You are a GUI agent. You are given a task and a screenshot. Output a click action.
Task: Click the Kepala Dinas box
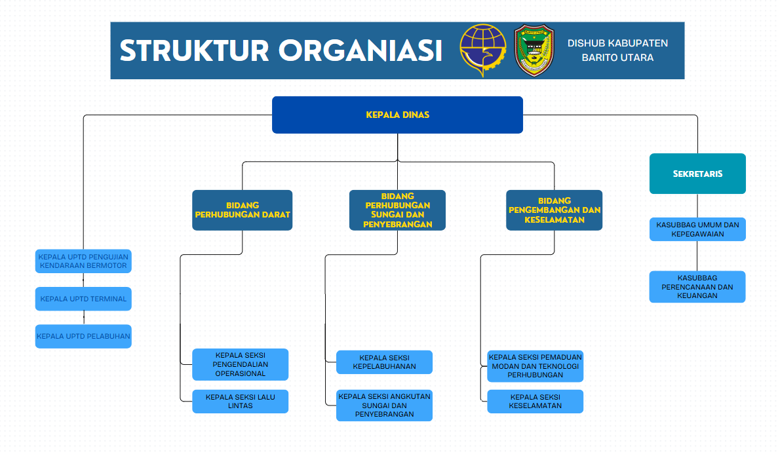point(397,115)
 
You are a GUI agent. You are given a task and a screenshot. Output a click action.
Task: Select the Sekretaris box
point(697,174)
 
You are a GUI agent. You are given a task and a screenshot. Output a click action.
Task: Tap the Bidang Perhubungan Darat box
point(242,210)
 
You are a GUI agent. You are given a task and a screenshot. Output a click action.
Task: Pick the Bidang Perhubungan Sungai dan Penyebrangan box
point(397,210)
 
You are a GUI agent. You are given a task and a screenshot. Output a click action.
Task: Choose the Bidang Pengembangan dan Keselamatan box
point(554,210)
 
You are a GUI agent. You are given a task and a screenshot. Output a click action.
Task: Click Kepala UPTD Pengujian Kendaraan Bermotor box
point(83,261)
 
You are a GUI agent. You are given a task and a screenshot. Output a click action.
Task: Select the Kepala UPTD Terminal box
point(83,299)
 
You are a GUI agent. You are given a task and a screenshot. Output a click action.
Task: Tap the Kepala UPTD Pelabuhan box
point(83,336)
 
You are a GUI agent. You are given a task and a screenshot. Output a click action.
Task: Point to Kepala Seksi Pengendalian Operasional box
point(240,364)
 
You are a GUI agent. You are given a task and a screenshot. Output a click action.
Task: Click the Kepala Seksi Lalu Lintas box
point(240,402)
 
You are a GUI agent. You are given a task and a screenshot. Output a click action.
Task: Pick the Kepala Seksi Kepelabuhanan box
point(384,362)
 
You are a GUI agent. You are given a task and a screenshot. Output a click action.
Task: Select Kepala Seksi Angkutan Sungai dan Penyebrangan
point(384,405)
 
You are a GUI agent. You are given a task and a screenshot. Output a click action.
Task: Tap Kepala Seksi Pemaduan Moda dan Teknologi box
point(535,366)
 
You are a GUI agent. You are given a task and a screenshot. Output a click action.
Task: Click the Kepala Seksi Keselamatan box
point(535,402)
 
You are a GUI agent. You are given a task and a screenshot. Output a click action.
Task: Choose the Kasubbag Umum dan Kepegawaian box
point(697,229)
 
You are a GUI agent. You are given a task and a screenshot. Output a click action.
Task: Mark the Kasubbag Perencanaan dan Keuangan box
point(697,287)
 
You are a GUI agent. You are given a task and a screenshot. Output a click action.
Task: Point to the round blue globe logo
point(482,50)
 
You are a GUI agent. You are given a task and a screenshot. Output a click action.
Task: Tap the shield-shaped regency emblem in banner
point(534,50)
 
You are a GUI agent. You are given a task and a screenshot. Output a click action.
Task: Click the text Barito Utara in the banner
point(617,58)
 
